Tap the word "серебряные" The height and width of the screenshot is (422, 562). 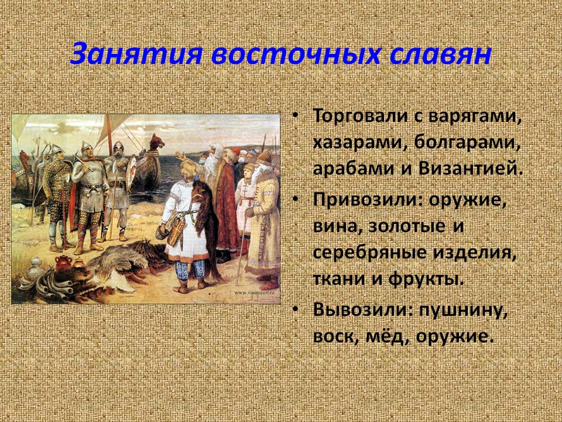coord(369,253)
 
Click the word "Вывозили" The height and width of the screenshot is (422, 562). coord(361,309)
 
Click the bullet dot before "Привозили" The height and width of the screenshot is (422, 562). coord(295,199)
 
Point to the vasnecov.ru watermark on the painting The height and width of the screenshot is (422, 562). coord(256,292)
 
